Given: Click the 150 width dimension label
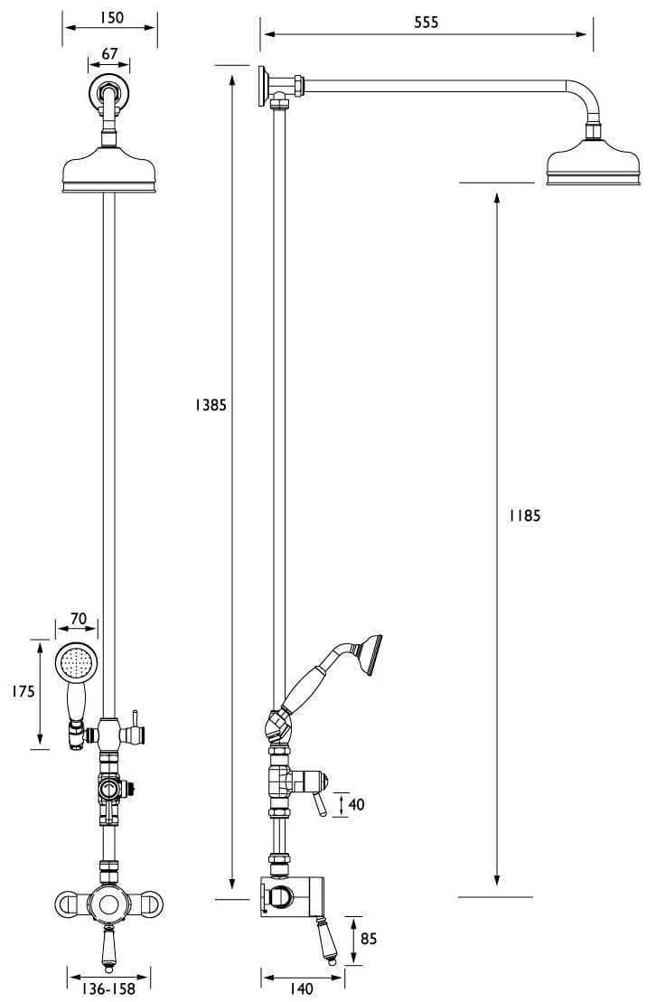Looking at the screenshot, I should pos(109,17).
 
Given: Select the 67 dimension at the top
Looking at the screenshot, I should pos(109,54).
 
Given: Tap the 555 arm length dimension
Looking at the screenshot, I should pos(426,23).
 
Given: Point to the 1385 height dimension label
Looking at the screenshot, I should pos(210,406).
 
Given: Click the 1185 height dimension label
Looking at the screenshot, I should pos(524,516).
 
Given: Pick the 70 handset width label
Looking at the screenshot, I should pos(79,619).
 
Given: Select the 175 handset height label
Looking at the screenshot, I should pos(23,692).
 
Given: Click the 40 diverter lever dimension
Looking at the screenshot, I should pos(356,803).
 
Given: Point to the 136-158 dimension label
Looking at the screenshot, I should pos(109,989).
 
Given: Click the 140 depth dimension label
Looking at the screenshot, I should pos(303,989).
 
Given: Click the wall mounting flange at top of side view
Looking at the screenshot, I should pos(264,84).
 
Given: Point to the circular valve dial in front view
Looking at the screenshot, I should pos(109,904).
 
